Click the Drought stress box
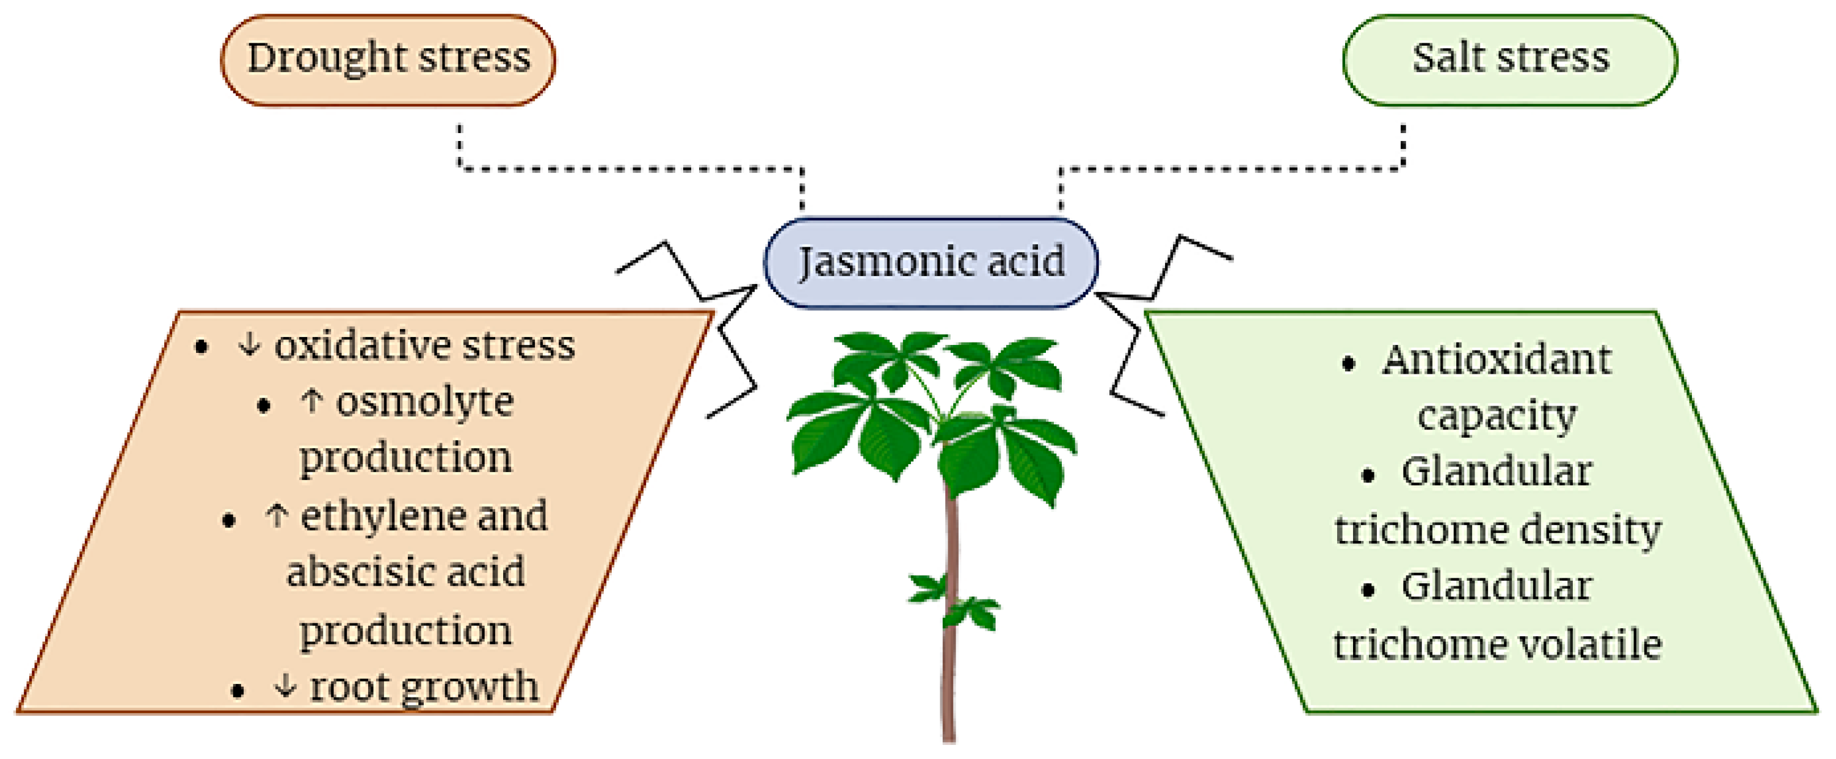pos(388,60)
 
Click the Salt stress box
pos(1509,60)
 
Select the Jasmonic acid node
pos(931,263)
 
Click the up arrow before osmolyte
pos(311,402)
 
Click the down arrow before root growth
pos(285,687)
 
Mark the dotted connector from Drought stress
pos(627,169)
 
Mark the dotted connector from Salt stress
pos(1233,169)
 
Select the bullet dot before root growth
pos(238,691)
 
